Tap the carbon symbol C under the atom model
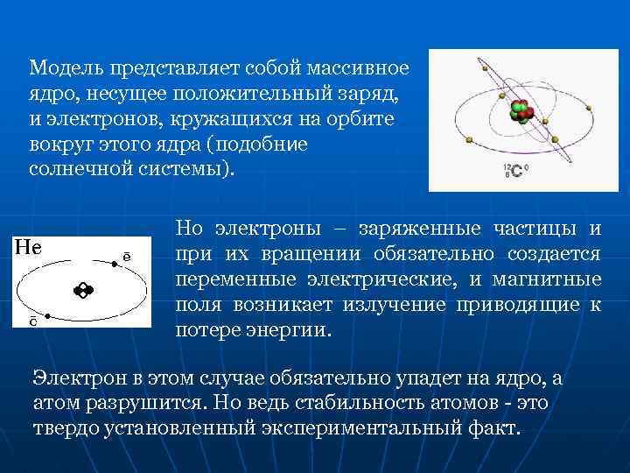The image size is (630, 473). click(x=518, y=171)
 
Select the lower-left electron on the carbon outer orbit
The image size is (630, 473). click(x=469, y=139)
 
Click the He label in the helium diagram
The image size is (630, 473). click(x=29, y=247)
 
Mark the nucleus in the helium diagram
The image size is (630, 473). click(x=83, y=290)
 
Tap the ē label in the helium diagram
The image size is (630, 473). click(x=127, y=257)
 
